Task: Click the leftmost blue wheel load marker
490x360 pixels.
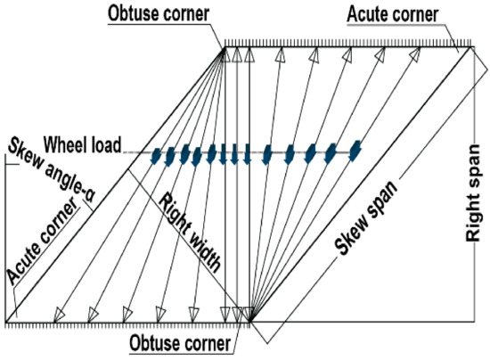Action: tap(158, 156)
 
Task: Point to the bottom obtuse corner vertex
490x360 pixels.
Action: tap(249, 321)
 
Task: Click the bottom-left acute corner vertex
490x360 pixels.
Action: tap(7, 321)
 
